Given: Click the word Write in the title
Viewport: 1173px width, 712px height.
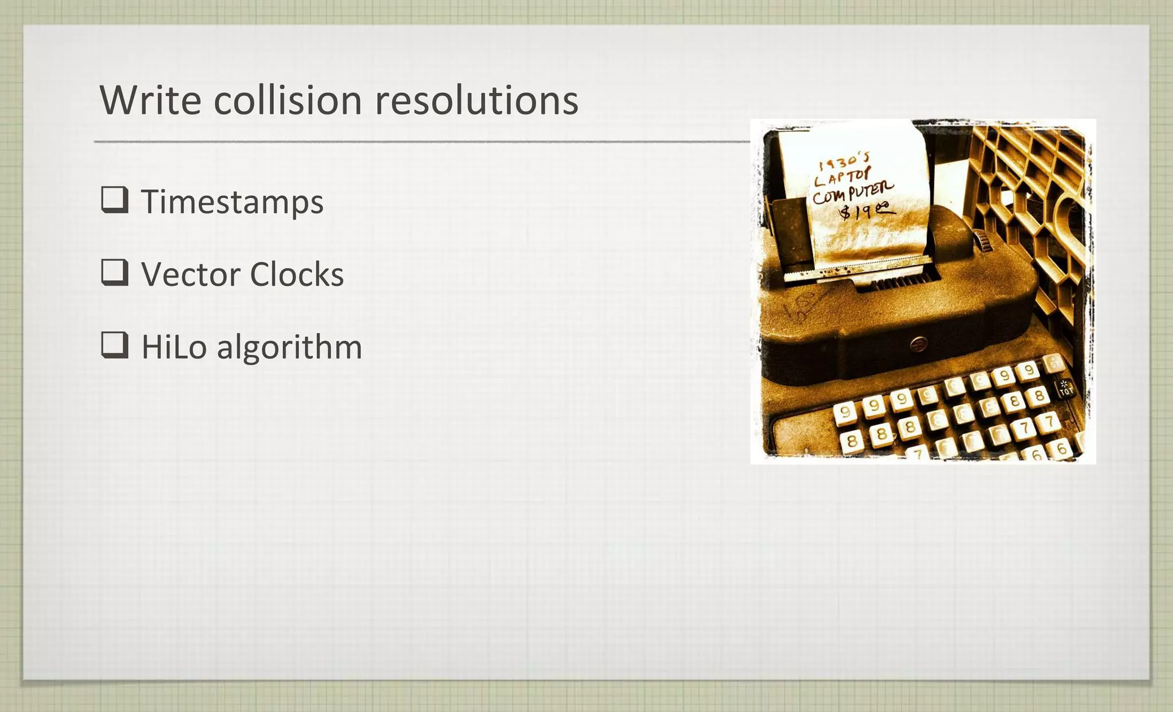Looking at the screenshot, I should [150, 100].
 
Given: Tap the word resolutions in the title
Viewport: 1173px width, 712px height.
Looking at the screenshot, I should [477, 100].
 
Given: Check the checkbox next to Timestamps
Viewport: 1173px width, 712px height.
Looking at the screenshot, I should [115, 200].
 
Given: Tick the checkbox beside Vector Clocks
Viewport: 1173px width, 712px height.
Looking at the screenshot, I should [115, 272].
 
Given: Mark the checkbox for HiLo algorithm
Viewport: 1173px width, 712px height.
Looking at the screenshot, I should [115, 345].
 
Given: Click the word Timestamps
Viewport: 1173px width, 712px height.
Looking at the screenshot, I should [232, 202].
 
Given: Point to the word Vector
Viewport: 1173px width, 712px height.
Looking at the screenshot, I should [191, 274].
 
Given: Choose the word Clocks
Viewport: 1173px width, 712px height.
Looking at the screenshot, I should [297, 274].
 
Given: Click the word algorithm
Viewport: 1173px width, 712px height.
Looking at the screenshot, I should [289, 347].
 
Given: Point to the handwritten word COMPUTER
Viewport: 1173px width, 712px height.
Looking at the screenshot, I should [852, 194].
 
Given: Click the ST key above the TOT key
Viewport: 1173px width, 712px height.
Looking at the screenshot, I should [1053, 363].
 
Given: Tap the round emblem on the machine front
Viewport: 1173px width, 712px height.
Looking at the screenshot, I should [918, 344].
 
